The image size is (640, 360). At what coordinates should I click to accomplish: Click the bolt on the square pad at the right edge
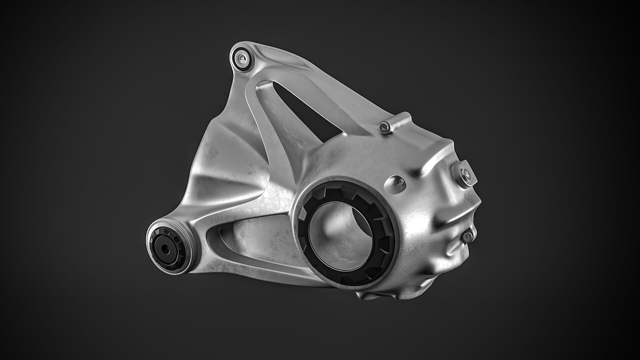pyautogui.click(x=466, y=173)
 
